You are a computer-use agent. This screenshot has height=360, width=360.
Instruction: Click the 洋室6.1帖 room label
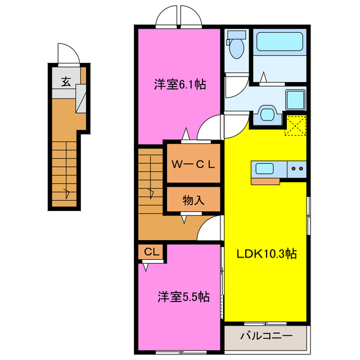coord(180,84)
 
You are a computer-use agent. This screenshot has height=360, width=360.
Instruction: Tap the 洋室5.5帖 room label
coord(183,296)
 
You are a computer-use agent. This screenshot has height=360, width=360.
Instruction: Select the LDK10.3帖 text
coord(267,254)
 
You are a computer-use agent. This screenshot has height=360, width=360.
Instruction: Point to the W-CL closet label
coord(193,164)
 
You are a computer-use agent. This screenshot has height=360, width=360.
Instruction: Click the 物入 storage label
coord(193,200)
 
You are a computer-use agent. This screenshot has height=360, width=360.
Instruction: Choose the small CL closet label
coord(151,252)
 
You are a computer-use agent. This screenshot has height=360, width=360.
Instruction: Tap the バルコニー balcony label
coord(266,336)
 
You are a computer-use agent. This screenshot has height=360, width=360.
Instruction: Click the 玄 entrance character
coord(66,82)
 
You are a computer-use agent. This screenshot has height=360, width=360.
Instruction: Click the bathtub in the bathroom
coord(280,41)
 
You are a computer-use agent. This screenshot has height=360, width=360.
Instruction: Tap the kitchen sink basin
coord(264,169)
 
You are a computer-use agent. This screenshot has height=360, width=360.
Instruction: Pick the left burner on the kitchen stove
coord(294,169)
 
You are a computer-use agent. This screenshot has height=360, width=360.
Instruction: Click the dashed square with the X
coord(296,125)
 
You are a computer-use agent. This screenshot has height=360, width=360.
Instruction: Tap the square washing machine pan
coord(296,100)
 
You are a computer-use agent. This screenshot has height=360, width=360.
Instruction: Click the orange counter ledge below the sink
coord(265,181)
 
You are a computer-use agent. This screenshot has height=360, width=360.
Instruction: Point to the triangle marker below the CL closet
coord(146,268)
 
